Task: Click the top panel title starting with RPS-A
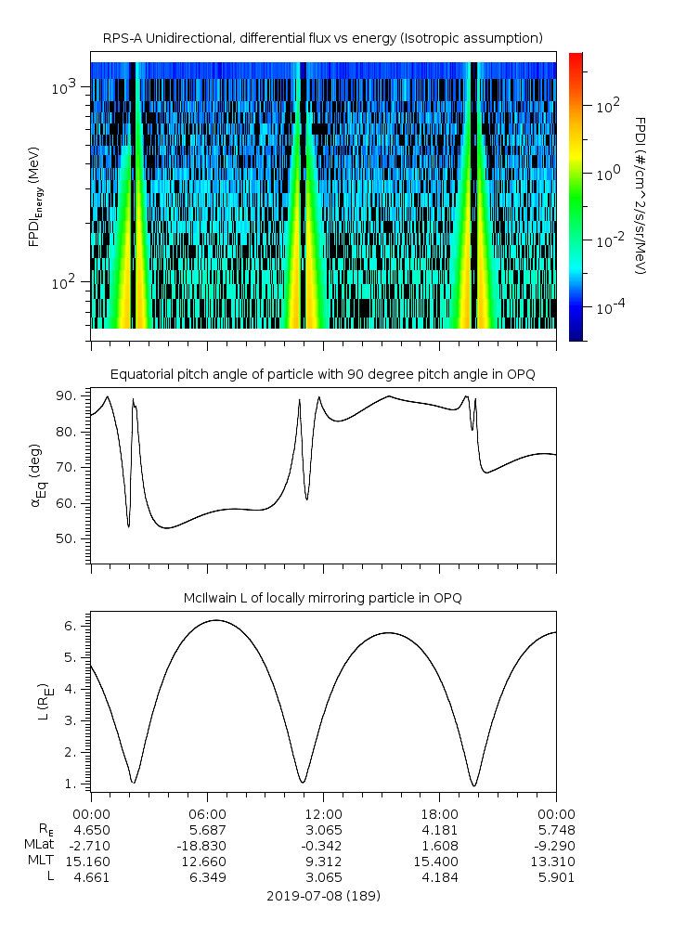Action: coord(323,39)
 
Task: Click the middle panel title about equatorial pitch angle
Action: coord(323,375)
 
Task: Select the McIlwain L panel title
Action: coord(323,598)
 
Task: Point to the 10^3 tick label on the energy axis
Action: coord(63,87)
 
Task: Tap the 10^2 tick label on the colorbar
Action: coord(608,107)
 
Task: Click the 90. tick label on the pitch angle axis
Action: coord(66,395)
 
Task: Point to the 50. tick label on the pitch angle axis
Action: coord(66,538)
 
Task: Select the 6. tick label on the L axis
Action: coord(71,627)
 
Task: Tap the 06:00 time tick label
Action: coord(207,814)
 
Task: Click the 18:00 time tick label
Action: coord(440,814)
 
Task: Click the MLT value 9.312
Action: coord(323,862)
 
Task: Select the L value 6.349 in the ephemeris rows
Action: coord(208,877)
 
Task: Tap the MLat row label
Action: coord(39,845)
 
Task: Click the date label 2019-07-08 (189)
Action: coord(323,896)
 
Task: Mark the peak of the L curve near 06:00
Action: coord(216,620)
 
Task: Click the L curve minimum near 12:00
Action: coord(303,783)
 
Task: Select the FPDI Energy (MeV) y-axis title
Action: coord(34,196)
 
